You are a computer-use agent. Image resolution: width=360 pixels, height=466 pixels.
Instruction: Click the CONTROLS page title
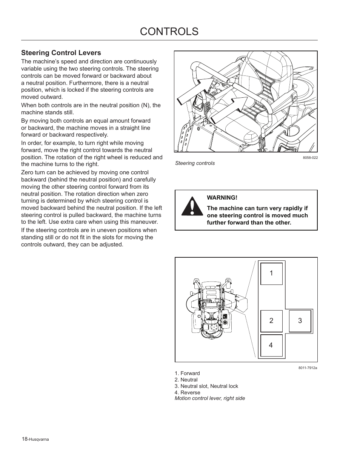tap(169, 32)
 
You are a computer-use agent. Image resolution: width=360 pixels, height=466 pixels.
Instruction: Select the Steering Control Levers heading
tap(61, 53)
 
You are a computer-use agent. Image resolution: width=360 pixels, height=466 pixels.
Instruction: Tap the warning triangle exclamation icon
tap(192, 207)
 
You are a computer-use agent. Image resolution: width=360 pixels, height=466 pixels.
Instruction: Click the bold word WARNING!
tap(222, 198)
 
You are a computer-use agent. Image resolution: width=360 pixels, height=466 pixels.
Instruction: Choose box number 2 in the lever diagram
tap(271, 321)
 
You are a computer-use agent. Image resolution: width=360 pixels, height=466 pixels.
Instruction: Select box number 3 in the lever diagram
tap(300, 321)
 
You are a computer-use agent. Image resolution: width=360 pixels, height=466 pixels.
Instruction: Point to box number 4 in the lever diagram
tap(271, 345)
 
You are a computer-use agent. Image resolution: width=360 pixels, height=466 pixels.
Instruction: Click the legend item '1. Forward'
tap(187, 373)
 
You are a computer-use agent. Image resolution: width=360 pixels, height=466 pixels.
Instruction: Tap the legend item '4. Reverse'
tap(187, 392)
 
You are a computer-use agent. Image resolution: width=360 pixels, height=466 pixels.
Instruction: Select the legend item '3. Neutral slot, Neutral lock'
tap(206, 386)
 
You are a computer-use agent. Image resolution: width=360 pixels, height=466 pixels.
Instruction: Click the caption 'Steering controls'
tap(195, 163)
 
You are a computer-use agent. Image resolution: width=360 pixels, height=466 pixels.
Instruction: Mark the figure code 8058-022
tap(310, 158)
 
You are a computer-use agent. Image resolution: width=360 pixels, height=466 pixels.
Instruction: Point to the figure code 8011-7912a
tap(308, 368)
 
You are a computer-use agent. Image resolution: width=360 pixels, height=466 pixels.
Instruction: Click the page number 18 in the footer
tap(24, 439)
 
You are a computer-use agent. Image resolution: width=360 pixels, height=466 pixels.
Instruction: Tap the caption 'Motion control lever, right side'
tap(209, 398)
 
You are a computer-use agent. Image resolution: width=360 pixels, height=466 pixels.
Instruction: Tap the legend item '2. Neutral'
tap(186, 380)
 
